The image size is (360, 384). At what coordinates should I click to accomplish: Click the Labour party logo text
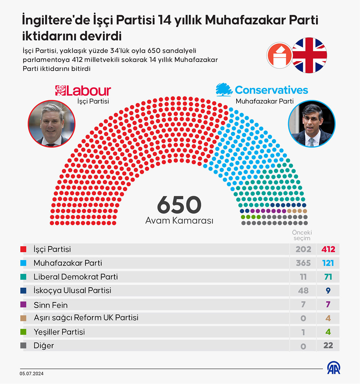pyautogui.click(x=83, y=91)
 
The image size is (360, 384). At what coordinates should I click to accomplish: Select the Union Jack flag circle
pyautogui.click(x=309, y=55)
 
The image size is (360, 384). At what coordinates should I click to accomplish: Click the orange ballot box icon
pyautogui.click(x=280, y=55)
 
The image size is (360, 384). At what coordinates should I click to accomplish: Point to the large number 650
pyautogui.click(x=179, y=205)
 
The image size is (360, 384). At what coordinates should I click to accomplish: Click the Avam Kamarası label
pyautogui.click(x=179, y=220)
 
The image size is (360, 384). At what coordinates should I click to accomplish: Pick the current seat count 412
pyautogui.click(x=328, y=249)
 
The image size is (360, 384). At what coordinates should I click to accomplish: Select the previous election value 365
pyautogui.click(x=303, y=263)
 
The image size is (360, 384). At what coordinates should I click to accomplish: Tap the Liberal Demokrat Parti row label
pyautogui.click(x=76, y=277)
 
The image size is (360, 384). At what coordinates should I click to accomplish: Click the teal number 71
pyautogui.click(x=328, y=277)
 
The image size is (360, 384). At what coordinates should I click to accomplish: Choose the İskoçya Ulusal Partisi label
pyautogui.click(x=72, y=290)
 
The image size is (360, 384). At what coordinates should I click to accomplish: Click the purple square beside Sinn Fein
pyautogui.click(x=23, y=304)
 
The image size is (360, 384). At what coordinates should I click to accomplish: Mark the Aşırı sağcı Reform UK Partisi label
pyautogui.click(x=86, y=318)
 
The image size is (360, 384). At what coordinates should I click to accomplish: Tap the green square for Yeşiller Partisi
pyautogui.click(x=23, y=332)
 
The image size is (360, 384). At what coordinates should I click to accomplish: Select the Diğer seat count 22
pyautogui.click(x=328, y=345)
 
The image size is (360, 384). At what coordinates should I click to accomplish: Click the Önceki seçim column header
pyautogui.click(x=302, y=235)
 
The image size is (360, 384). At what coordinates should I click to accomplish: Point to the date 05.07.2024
pyautogui.click(x=32, y=373)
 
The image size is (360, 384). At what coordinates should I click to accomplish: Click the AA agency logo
pyautogui.click(x=334, y=368)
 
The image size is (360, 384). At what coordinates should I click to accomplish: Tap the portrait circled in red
pyautogui.click(x=51, y=124)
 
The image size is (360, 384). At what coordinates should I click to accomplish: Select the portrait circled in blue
pyautogui.click(x=311, y=124)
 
